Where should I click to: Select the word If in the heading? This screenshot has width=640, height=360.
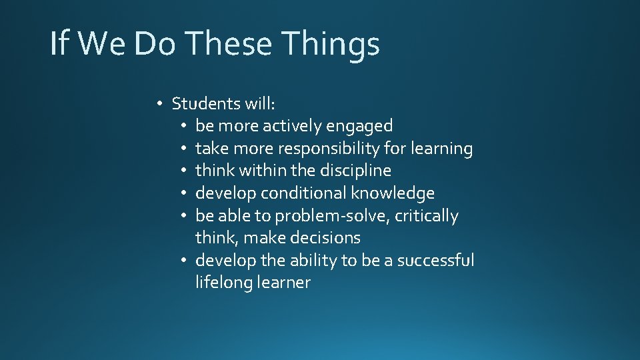(x=59, y=45)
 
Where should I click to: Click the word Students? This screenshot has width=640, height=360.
(x=206, y=103)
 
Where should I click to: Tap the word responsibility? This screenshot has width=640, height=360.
(x=330, y=149)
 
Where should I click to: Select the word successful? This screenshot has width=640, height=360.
(x=435, y=260)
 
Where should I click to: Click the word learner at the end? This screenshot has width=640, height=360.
(x=285, y=283)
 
